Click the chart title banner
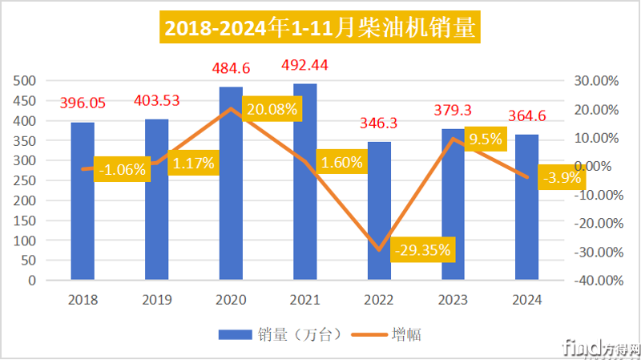pos(320,29)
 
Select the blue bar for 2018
pos(83,202)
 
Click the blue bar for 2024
pos(527,208)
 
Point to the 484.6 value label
pos(232,68)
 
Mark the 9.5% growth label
pos(485,139)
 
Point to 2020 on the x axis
pos(232,300)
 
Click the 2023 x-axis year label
pos(454,300)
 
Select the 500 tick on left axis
pos(26,81)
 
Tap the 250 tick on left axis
pos(26,180)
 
